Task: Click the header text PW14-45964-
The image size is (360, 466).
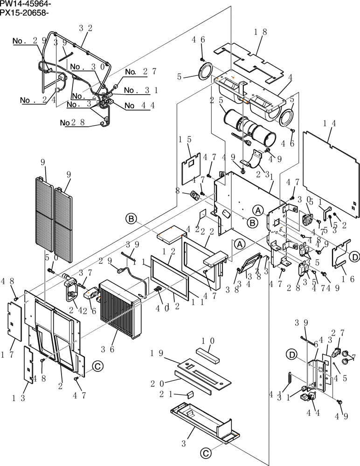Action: tap(26, 4)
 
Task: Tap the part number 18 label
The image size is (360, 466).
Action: tap(261, 32)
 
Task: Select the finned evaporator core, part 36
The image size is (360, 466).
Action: tap(120, 310)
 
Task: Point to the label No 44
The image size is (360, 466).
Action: tap(139, 106)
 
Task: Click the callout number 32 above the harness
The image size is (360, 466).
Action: tap(85, 28)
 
